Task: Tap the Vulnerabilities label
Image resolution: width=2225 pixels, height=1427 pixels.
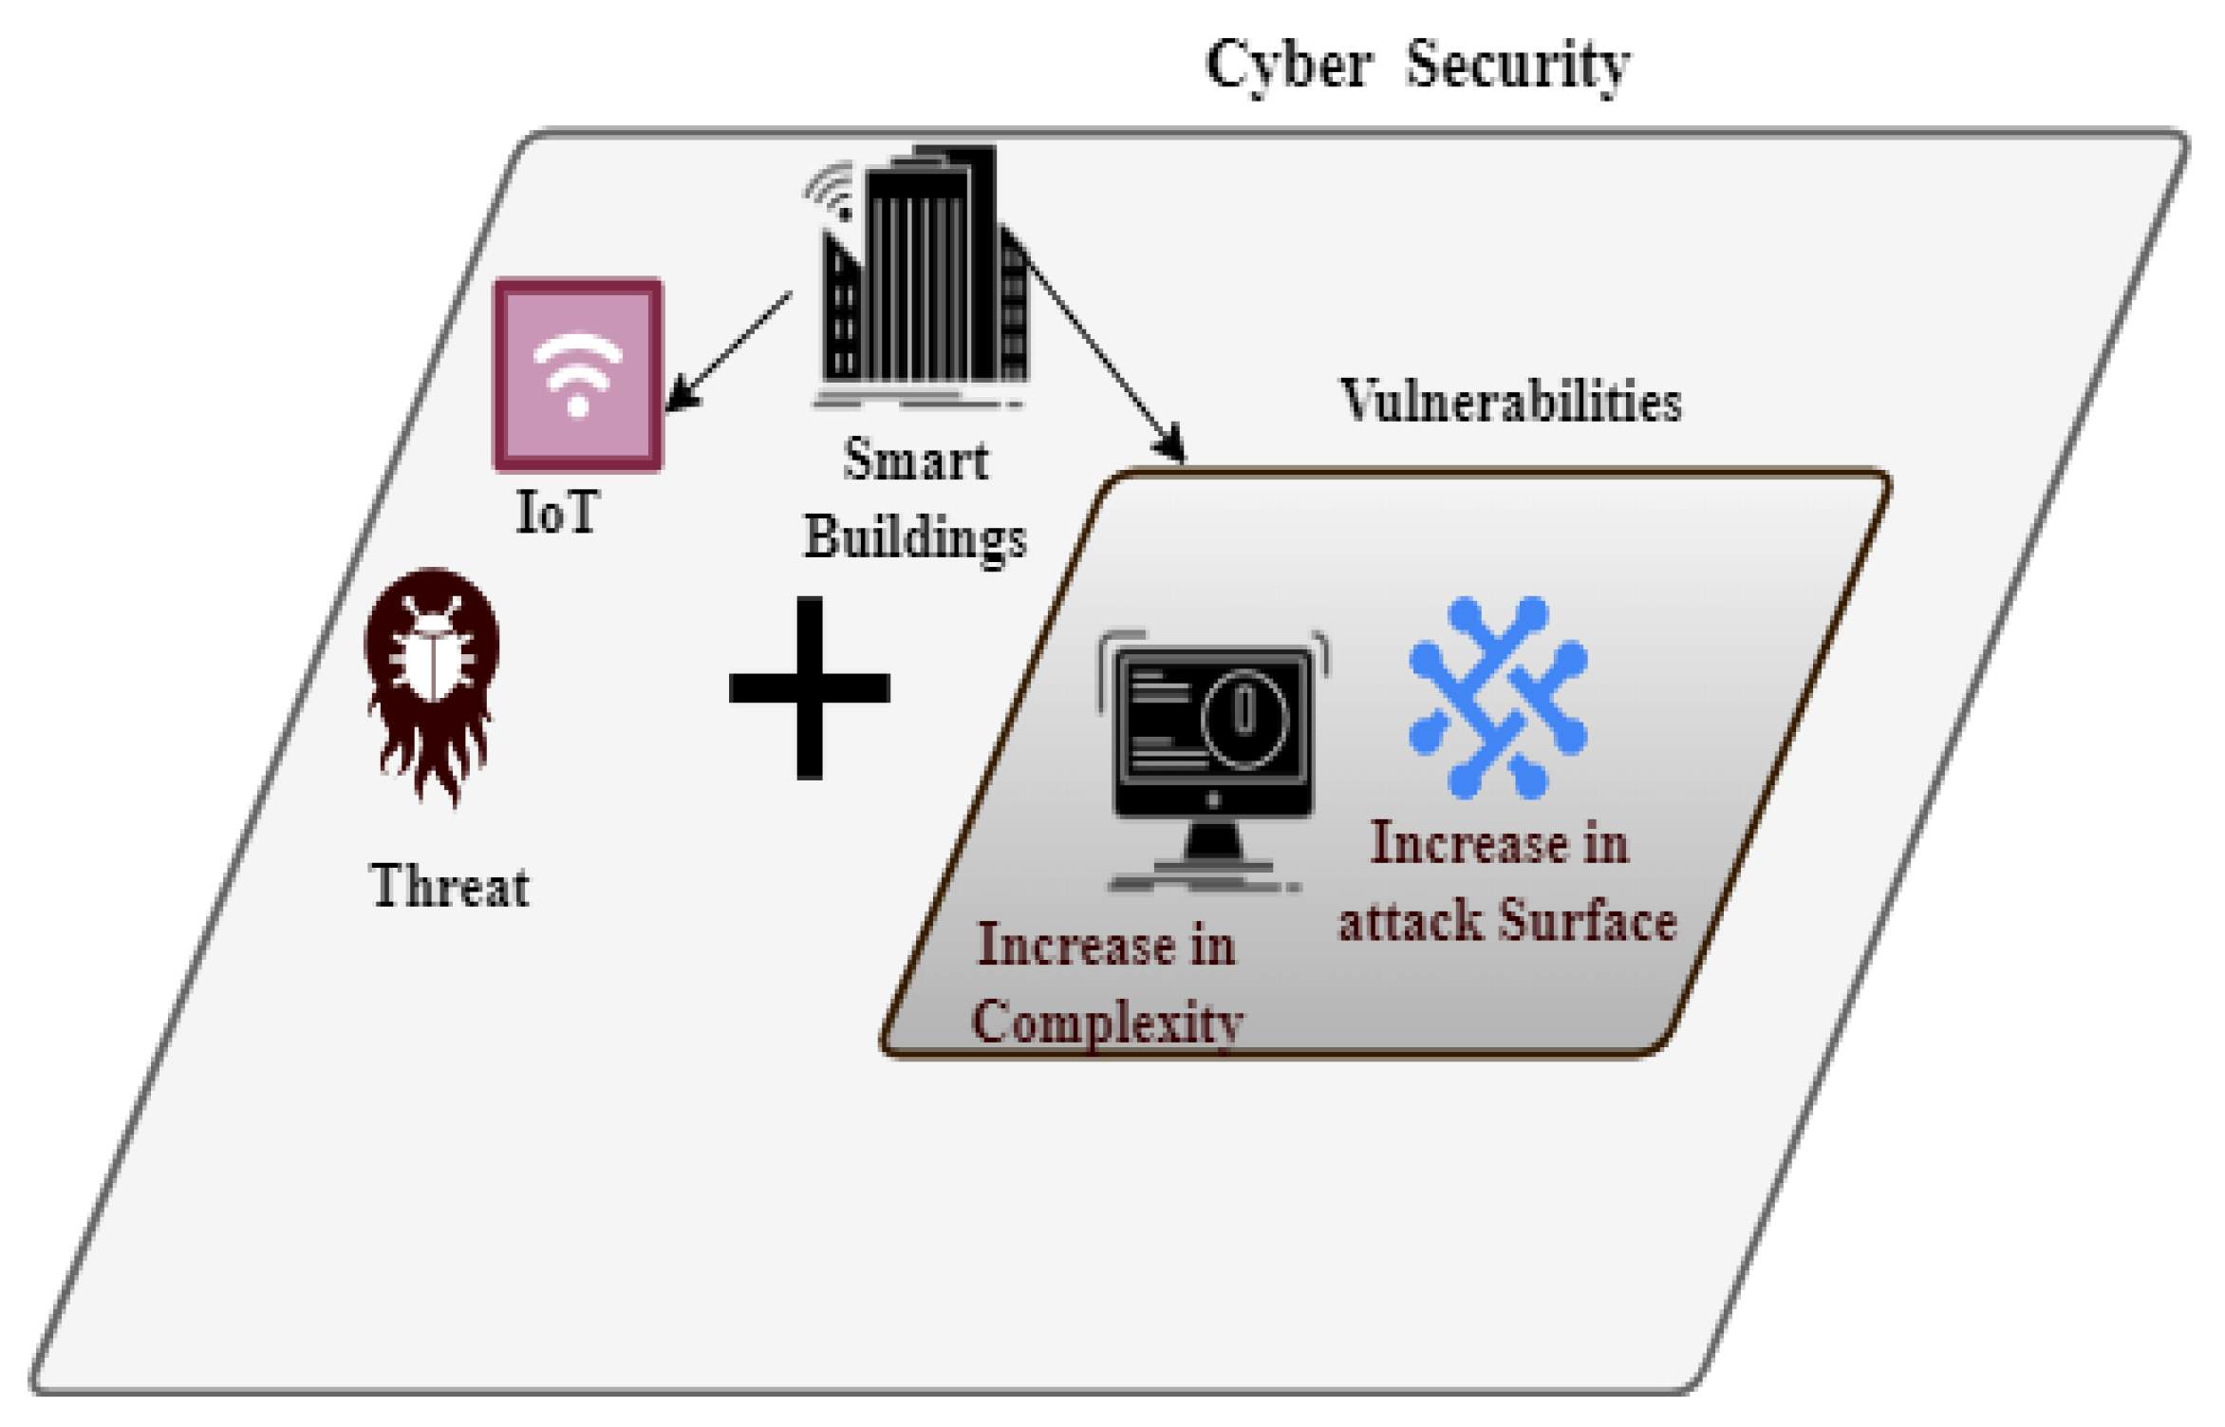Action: [1510, 400]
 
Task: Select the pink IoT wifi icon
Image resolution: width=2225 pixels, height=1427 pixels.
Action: [577, 374]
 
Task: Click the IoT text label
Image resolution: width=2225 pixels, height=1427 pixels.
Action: [557, 512]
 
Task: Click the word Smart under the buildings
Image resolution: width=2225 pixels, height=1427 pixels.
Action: [916, 460]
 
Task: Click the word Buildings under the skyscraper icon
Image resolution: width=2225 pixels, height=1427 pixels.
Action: [915, 538]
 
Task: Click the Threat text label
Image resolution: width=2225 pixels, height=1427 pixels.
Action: [449, 886]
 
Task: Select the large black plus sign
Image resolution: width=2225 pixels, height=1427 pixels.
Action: [809, 687]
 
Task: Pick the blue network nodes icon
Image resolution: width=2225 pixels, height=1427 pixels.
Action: [1498, 697]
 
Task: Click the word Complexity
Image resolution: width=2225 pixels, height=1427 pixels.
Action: [1107, 1023]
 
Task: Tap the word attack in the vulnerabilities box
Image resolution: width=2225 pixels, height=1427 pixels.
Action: [1411, 922]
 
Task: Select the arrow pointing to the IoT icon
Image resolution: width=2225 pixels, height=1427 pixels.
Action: [729, 351]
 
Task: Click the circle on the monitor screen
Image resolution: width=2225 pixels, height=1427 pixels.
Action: [1244, 718]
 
